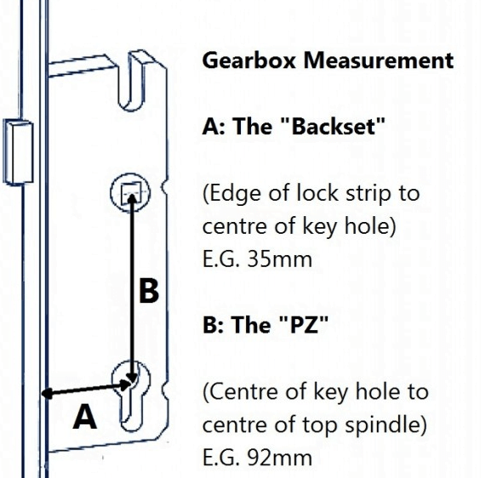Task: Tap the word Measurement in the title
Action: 379,60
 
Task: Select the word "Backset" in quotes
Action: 333,127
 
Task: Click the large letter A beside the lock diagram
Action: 84,417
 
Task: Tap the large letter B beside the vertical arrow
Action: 149,291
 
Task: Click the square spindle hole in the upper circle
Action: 131,192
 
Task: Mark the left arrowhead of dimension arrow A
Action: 48,394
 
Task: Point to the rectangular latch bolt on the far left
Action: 18,151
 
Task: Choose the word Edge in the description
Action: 235,193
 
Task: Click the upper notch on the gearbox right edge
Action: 165,187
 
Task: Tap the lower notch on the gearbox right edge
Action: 165,390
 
